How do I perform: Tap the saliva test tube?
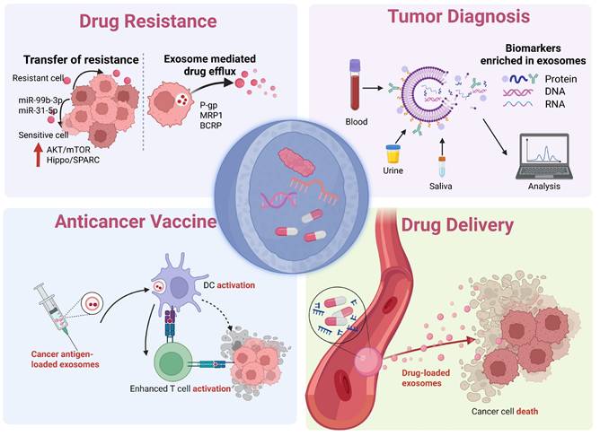point(442,166)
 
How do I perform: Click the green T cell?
point(172,367)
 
